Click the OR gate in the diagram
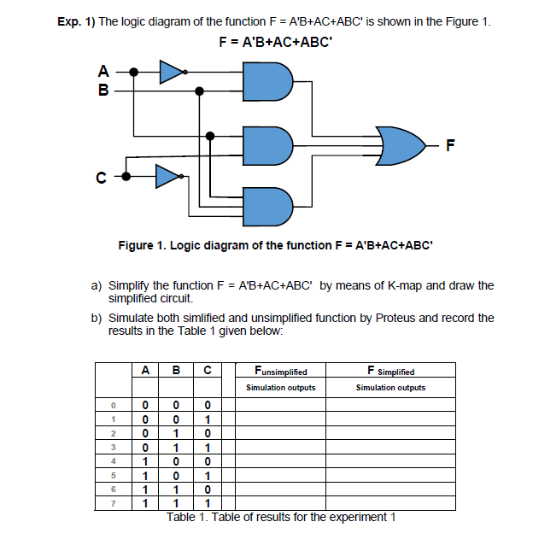[x=401, y=147]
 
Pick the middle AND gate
[x=267, y=145]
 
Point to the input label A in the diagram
[x=104, y=72]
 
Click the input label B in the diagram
[x=104, y=88]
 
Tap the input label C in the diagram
[x=101, y=179]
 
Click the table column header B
[x=176, y=371]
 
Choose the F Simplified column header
[x=390, y=372]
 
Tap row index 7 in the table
[x=112, y=503]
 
